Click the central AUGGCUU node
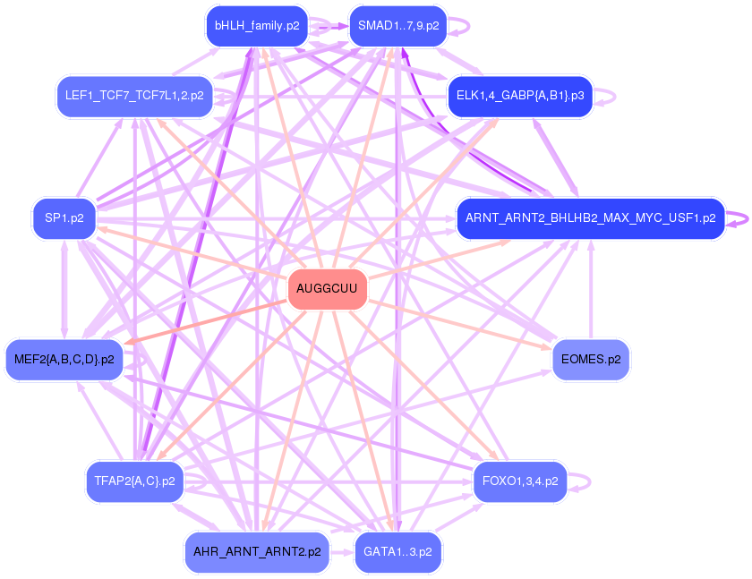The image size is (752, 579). coord(327,289)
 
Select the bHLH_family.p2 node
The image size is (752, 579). coord(257,26)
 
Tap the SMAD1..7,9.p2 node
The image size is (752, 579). coord(397,26)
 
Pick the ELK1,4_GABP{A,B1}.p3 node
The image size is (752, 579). coord(519,95)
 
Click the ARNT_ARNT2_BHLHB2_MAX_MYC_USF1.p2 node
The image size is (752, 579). coord(590,217)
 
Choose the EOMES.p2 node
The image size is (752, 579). coord(590,360)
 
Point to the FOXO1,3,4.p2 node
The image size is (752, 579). coord(519,481)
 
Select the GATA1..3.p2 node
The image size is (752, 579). coord(397,552)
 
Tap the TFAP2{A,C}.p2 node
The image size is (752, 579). coord(134,481)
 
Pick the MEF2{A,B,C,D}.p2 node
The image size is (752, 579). coord(64,360)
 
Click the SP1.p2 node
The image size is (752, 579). coord(64,217)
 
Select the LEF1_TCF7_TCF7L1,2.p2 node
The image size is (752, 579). coord(134,95)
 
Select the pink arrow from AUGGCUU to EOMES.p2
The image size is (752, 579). coord(466,324)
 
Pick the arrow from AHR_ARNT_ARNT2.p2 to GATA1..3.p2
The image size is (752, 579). coord(342,552)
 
